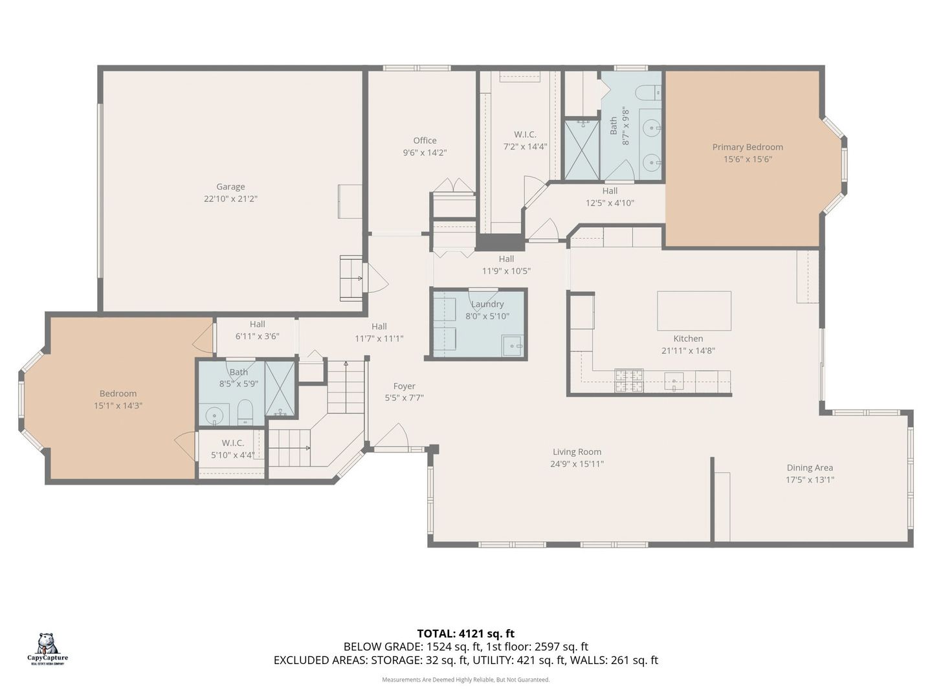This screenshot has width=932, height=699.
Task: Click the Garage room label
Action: click(230, 186)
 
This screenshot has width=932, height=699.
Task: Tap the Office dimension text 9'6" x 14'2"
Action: click(425, 153)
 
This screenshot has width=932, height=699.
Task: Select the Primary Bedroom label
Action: click(748, 147)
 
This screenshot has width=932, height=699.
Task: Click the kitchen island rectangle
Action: click(694, 311)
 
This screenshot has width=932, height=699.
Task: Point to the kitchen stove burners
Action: click(629, 381)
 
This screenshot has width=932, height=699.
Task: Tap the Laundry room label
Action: click(487, 304)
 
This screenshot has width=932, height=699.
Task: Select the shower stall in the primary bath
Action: click(582, 150)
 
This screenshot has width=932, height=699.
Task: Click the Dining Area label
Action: click(809, 467)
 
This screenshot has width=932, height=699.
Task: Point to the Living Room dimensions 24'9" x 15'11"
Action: click(577, 464)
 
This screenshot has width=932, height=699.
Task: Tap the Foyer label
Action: click(404, 386)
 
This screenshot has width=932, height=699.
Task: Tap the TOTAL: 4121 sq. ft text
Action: click(465, 634)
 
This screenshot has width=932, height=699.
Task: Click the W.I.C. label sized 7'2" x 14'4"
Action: click(525, 135)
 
